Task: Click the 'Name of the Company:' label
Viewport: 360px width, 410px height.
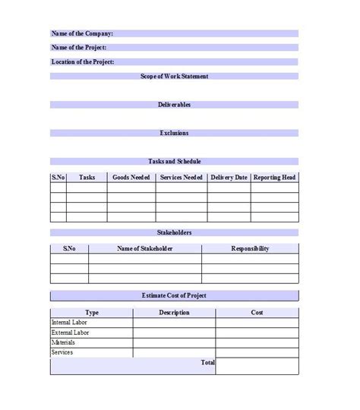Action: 82,33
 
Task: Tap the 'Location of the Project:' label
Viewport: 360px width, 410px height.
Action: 83,61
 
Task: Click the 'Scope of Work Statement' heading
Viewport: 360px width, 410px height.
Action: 175,76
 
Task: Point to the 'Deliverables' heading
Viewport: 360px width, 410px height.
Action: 175,104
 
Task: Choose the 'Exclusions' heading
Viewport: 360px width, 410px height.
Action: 175,133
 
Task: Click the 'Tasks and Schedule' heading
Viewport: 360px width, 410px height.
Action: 175,161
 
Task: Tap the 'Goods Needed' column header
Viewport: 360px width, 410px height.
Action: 131,177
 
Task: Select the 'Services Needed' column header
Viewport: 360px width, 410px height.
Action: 182,177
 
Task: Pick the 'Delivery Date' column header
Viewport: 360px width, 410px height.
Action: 229,177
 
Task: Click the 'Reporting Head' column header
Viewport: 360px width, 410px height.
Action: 274,177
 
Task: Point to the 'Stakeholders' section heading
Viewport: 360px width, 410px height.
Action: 175,232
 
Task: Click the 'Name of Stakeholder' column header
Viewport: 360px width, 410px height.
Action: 145,248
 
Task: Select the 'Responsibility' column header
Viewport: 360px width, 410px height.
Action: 250,248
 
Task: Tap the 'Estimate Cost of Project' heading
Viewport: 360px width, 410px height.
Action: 175,295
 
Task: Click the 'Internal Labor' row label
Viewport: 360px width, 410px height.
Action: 69,323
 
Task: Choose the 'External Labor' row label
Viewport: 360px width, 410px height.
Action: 70,333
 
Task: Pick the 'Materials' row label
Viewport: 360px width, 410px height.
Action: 63,342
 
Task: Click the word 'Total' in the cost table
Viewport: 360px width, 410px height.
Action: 207,363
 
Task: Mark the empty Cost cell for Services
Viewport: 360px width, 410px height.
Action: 257,352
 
